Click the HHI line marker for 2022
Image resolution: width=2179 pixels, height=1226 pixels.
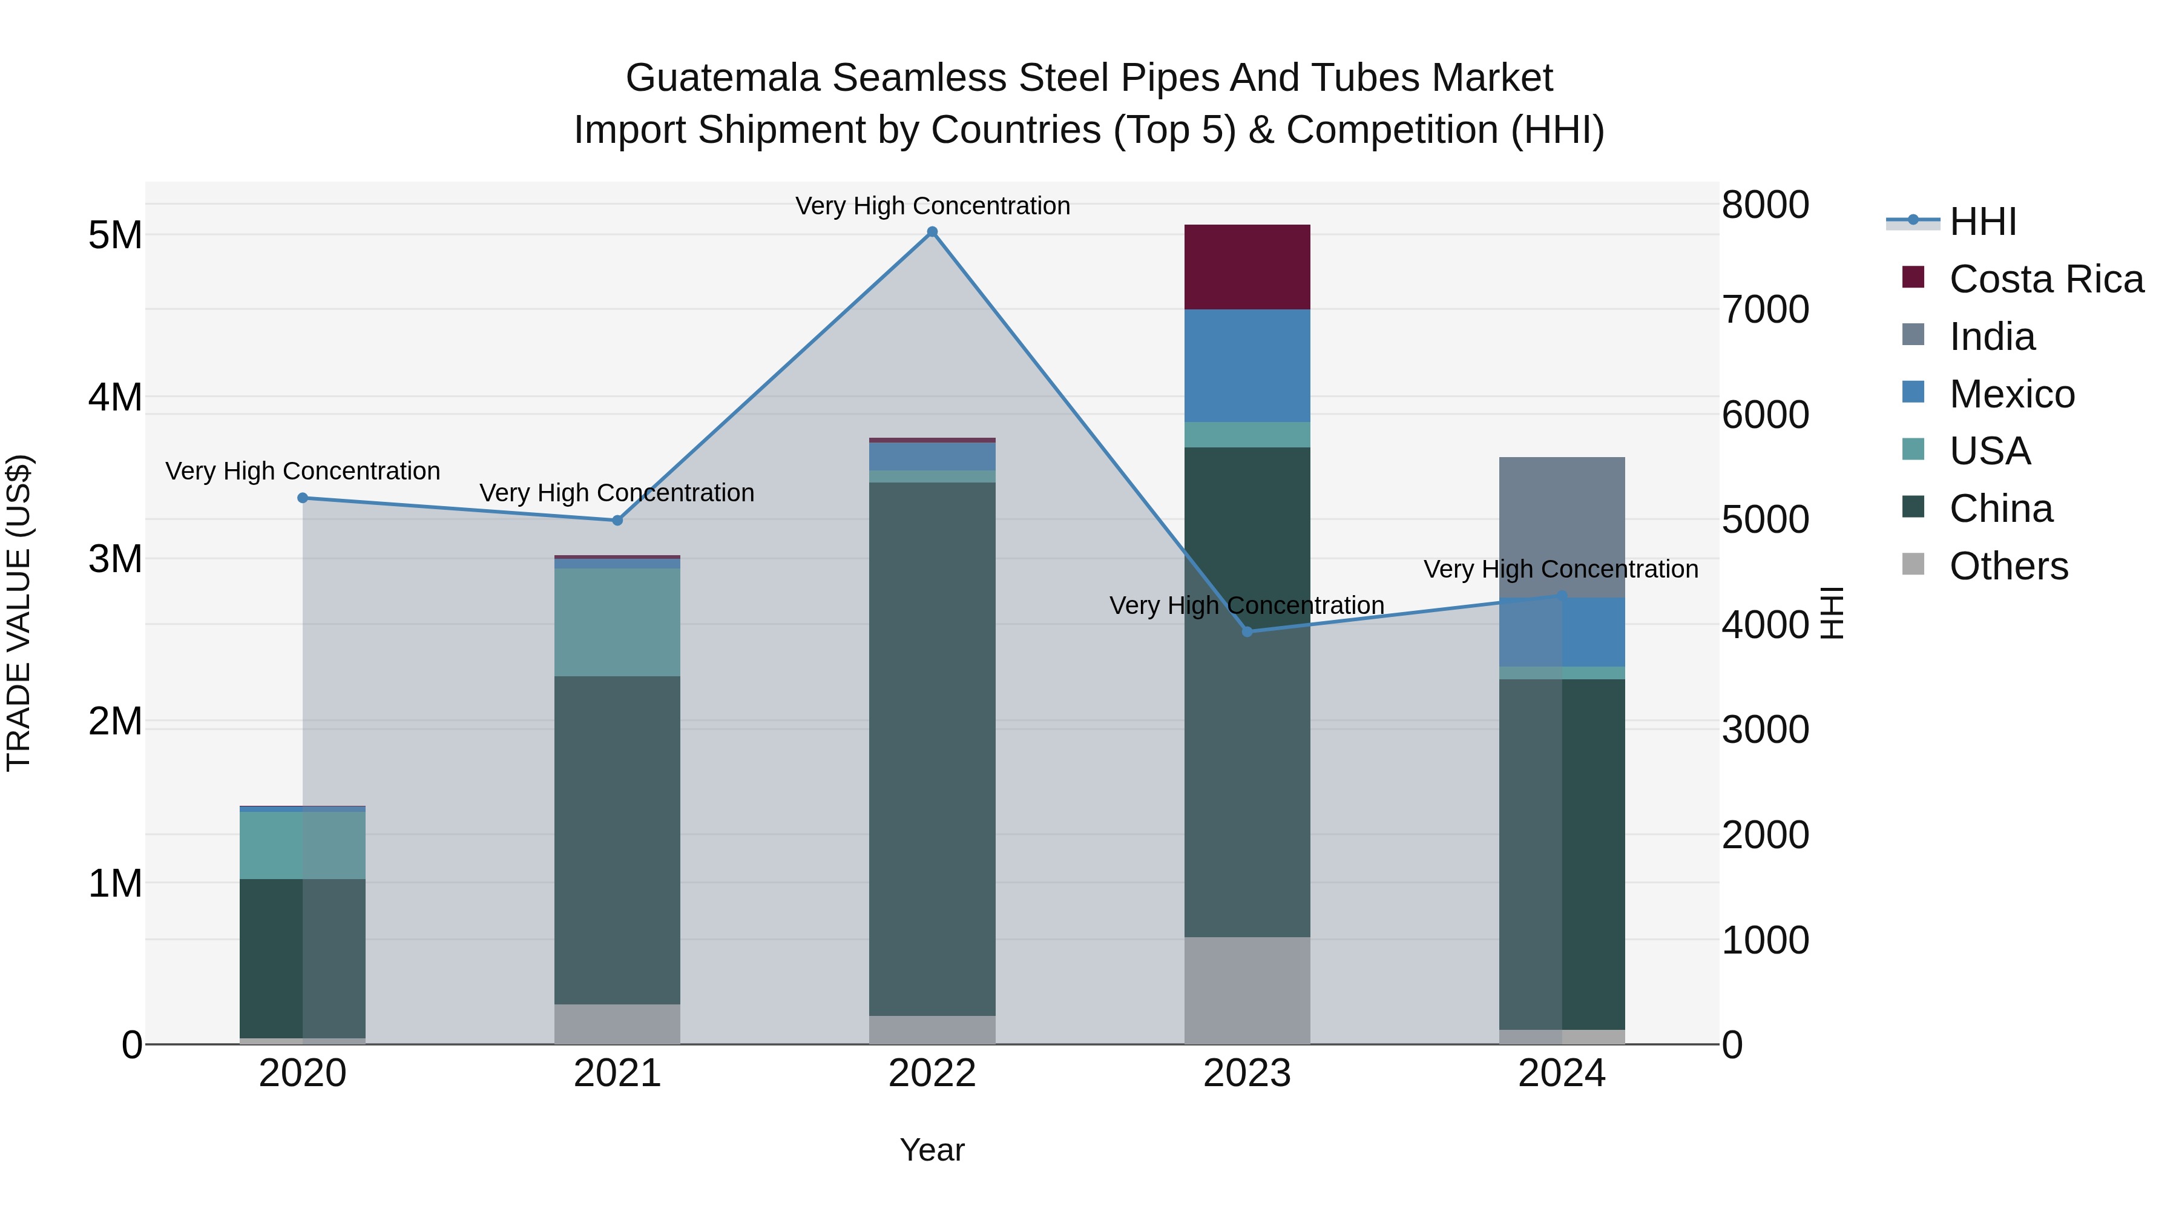(932, 232)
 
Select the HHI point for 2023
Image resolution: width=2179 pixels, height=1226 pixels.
(1247, 631)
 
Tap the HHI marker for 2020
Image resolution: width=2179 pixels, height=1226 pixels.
(303, 498)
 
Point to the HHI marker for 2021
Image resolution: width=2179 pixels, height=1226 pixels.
(617, 520)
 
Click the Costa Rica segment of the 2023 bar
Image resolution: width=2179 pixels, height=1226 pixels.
(1247, 268)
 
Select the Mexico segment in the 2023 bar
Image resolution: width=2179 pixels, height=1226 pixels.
(1247, 366)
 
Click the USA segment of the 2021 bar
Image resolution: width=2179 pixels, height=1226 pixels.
(617, 622)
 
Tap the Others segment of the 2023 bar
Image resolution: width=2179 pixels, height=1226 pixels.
(1247, 990)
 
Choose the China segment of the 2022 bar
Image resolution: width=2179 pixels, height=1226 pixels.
(932, 749)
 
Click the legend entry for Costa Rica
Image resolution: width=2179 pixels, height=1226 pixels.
(2045, 279)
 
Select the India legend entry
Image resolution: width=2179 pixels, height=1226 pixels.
(1991, 337)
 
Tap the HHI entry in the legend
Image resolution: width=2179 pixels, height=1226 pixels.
(1982, 222)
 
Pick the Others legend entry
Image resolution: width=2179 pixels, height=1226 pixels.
(2008, 566)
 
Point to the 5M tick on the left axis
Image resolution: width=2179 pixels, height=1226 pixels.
(116, 236)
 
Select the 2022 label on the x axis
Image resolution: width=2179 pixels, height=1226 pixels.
(932, 1073)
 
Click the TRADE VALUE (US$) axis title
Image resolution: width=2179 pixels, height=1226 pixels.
(19, 613)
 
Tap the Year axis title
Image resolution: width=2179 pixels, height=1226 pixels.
(932, 1150)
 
